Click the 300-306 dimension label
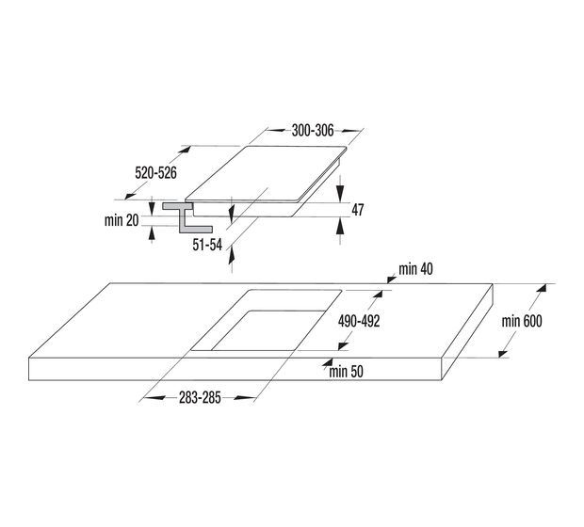click(x=313, y=131)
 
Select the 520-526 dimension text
click(x=155, y=173)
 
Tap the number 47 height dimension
click(x=358, y=210)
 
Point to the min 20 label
click(x=122, y=220)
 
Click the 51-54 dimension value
click(x=207, y=245)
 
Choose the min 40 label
click(x=415, y=269)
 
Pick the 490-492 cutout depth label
click(x=359, y=321)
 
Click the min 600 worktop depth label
click(x=522, y=321)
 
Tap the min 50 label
click(x=346, y=372)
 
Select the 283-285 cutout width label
click(x=200, y=398)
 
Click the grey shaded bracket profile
click(x=186, y=218)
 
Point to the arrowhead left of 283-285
click(x=154, y=398)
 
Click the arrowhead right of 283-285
click(x=245, y=398)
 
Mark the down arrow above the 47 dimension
click(x=340, y=192)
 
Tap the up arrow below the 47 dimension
click(x=340, y=226)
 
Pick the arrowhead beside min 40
click(x=392, y=279)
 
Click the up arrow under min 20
click(x=152, y=232)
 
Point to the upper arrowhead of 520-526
click(x=185, y=150)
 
